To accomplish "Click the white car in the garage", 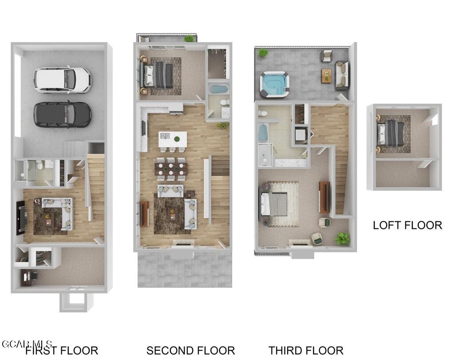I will click(62, 80).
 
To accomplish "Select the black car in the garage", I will click(62, 114).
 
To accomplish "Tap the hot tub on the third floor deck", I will click(274, 84).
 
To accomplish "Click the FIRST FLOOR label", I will click(61, 351).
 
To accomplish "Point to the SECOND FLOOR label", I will click(190, 351).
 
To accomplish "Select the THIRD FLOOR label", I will click(306, 351).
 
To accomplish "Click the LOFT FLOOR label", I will click(407, 225).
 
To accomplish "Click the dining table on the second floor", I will click(171, 169).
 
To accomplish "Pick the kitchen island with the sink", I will click(172, 138).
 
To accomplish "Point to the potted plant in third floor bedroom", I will click(342, 239).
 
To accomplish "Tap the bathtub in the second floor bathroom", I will click(218, 89).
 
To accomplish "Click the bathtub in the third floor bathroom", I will click(262, 132).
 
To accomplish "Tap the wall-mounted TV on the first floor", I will click(20, 218).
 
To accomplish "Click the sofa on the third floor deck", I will click(341, 75).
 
